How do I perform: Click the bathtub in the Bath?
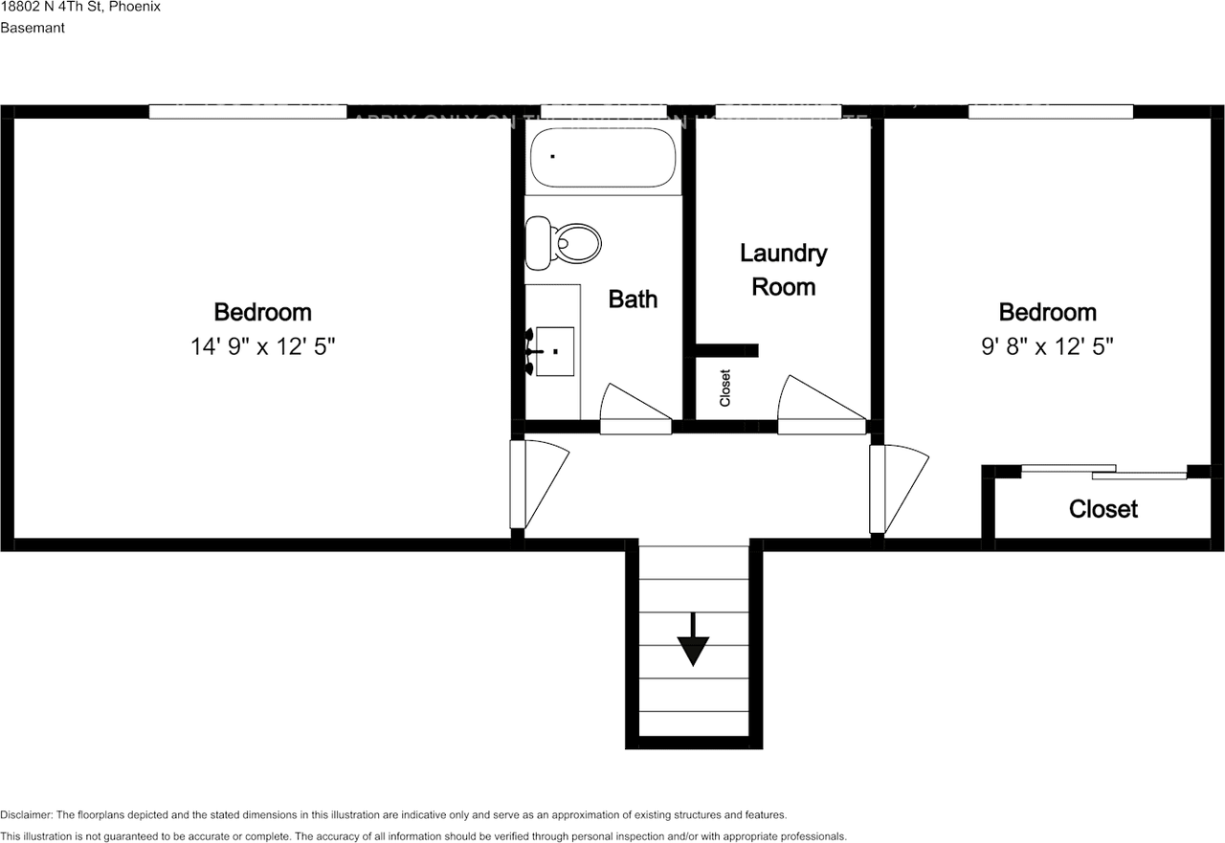[x=603, y=158]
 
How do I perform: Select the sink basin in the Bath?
[x=554, y=351]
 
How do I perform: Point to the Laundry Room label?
[x=783, y=270]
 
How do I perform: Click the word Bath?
[x=633, y=299]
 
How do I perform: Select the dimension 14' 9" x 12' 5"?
[x=263, y=346]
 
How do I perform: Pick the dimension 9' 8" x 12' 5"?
[x=1047, y=346]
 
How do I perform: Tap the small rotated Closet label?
[x=724, y=388]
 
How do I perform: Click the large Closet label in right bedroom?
[x=1103, y=509]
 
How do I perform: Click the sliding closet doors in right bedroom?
[x=1104, y=471]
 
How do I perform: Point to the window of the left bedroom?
[x=247, y=112]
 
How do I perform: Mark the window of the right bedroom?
[x=1050, y=112]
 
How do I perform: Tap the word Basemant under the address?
[x=33, y=28]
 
